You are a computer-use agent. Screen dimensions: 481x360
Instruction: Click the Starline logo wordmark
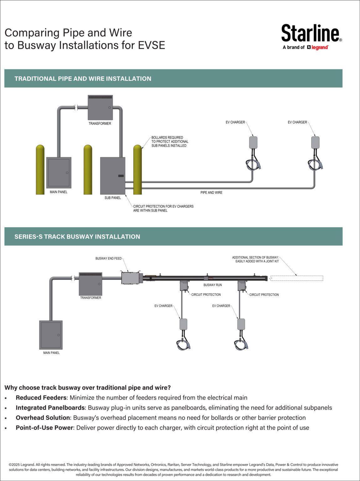coord(310,33)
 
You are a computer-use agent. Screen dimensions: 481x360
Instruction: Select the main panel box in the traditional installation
coord(59,173)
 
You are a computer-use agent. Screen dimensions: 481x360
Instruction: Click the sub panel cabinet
coord(112,176)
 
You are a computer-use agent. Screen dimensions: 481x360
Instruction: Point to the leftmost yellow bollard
coord(40,170)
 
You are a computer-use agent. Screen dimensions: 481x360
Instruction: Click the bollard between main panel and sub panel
coord(88,170)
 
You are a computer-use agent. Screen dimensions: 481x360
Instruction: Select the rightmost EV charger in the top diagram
coord(315,143)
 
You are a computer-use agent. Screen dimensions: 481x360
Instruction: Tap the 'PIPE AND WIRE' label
coord(211,193)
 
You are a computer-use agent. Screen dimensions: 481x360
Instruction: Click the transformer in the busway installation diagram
coord(90,284)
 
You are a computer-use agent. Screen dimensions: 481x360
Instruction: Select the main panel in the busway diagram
coord(51,335)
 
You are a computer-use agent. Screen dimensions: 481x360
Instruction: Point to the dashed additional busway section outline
coord(296,278)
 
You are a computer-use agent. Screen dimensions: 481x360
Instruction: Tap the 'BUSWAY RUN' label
coord(213,285)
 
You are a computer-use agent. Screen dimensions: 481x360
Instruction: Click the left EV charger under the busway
coord(183,324)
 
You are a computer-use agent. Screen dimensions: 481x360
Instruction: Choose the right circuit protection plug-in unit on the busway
coord(242,286)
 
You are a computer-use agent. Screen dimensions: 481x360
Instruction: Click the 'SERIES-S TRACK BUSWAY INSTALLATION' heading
coord(77,237)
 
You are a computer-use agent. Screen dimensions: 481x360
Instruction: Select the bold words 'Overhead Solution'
coord(43,418)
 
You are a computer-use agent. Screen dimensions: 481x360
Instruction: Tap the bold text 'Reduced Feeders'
coord(41,398)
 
